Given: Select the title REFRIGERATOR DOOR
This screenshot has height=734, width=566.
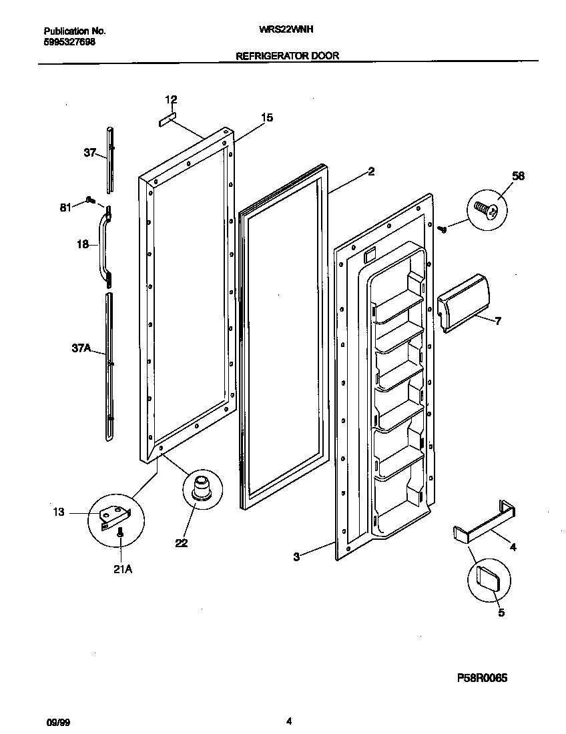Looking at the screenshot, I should click(288, 56).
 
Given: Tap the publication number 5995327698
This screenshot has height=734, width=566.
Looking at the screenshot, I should click(69, 41).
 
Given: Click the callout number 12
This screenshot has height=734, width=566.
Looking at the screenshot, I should click(172, 100).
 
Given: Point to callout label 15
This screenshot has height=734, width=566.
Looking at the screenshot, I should click(266, 118).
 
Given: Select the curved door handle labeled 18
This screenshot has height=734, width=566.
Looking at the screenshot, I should click(104, 244).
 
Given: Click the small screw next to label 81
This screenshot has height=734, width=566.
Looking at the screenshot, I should click(91, 199).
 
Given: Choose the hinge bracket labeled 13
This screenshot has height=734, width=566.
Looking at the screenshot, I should click(114, 516).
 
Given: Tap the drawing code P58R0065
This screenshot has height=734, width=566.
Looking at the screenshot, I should click(482, 678).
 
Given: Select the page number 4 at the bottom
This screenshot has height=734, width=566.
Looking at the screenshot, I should click(288, 721).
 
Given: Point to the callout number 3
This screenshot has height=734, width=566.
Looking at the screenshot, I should click(296, 556).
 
